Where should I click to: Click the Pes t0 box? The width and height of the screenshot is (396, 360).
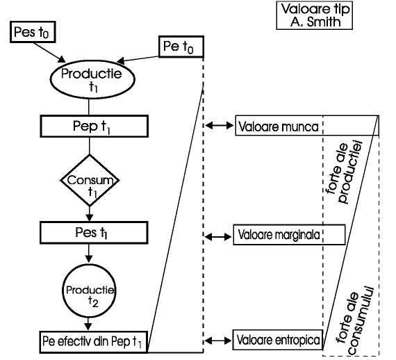tap(33, 32)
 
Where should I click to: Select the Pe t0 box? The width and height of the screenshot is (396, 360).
tap(181, 47)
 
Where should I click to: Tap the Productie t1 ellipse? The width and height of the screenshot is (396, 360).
tap(92, 79)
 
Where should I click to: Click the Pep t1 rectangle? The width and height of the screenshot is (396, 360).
tap(94, 126)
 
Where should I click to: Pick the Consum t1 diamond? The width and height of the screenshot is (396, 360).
tap(90, 180)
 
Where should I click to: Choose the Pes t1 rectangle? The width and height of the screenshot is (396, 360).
tap(94, 233)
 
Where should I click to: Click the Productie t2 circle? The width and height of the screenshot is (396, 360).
tap(89, 291)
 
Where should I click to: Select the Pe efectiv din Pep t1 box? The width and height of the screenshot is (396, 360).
tap(94, 342)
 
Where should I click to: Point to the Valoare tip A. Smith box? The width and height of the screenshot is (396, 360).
tap(315, 15)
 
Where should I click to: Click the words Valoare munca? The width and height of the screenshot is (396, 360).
tap(279, 126)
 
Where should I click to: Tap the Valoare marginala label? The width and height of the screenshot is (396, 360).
tap(279, 235)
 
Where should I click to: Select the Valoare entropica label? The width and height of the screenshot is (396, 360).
tap(279, 340)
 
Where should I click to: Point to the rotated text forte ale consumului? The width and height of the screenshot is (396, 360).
tap(354, 320)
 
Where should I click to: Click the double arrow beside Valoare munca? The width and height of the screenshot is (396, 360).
tap(220, 125)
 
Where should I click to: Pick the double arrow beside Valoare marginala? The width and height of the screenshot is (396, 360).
tap(218, 237)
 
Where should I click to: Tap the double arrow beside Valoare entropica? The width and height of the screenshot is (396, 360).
tap(218, 341)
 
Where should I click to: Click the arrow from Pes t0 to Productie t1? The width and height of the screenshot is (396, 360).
tap(49, 53)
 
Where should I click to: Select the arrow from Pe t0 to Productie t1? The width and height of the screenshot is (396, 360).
tap(138, 59)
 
